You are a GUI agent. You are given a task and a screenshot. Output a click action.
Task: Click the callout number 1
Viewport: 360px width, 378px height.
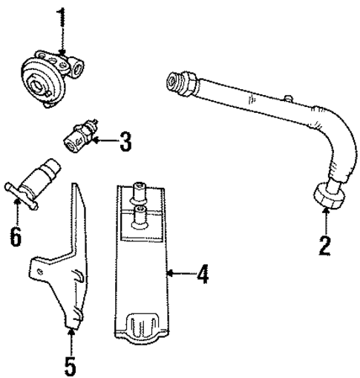(60, 16)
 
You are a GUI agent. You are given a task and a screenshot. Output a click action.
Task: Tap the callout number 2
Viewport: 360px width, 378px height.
(324, 244)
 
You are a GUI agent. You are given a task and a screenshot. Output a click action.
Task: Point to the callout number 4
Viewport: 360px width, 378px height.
(201, 275)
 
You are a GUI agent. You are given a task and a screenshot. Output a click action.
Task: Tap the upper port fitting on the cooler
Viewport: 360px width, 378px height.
(139, 192)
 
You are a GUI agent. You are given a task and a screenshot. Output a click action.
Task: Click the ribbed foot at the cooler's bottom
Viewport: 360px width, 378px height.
(140, 327)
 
